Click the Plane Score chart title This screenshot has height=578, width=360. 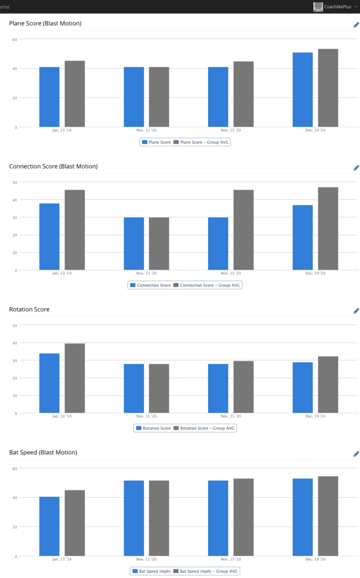tap(45, 24)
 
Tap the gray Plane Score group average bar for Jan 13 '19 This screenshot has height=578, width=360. tap(74, 94)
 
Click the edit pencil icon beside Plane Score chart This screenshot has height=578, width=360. tap(356, 25)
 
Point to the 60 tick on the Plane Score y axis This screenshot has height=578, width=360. tap(15, 39)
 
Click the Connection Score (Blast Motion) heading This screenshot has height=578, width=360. tap(53, 167)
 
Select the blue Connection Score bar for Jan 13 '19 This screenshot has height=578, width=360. tap(49, 237)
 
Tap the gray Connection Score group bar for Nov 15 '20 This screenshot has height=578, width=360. tap(243, 230)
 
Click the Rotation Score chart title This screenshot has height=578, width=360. tap(29, 309)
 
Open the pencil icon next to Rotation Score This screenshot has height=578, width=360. tap(356, 311)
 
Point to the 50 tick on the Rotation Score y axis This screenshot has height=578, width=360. tap(15, 325)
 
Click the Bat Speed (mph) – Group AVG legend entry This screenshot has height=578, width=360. tap(207, 571)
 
